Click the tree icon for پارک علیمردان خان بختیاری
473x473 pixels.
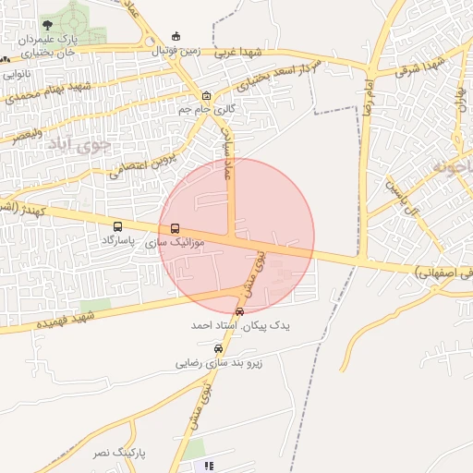click(x=46, y=25)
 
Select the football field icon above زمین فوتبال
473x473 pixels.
click(x=176, y=36)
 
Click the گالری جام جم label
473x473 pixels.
click(x=206, y=109)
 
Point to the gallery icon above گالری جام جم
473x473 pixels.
click(x=206, y=95)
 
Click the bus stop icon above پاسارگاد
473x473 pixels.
click(x=117, y=225)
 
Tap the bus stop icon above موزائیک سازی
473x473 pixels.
click(x=175, y=228)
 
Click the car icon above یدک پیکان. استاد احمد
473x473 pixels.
click(x=240, y=312)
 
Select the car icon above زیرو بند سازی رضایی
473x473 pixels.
click(x=218, y=349)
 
